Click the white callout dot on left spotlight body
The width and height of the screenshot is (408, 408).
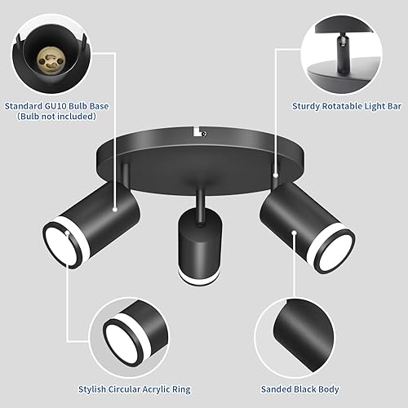click(x=116, y=209)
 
